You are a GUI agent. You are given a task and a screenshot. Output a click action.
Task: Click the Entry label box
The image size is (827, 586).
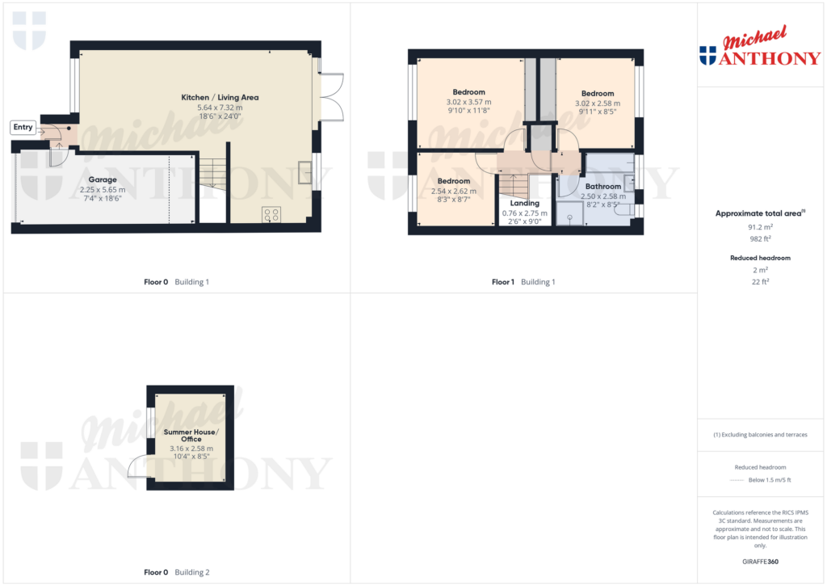[x=23, y=127]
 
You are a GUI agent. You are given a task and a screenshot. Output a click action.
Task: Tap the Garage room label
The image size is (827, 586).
[x=103, y=179]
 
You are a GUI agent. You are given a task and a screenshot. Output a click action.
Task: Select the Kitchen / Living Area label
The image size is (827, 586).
[x=220, y=97]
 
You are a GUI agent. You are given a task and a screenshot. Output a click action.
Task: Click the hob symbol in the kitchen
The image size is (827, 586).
[x=271, y=214]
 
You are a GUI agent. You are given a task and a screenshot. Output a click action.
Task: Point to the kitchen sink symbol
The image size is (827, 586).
[x=305, y=172]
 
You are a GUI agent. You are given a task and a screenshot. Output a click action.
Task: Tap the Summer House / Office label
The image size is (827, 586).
[x=191, y=436]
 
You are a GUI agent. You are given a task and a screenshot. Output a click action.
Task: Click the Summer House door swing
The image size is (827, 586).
[x=136, y=468]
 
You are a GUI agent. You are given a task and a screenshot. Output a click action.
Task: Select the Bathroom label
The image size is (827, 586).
[x=602, y=186]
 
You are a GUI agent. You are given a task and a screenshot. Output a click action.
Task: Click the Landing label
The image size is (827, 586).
[x=525, y=203]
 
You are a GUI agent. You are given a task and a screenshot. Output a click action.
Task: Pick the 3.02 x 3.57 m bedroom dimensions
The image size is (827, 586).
[x=468, y=103]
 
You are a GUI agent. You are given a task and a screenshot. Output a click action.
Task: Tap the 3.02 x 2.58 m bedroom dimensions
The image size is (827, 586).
[x=598, y=103]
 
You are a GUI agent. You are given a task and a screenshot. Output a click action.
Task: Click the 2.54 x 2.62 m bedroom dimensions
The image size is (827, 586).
[x=454, y=192]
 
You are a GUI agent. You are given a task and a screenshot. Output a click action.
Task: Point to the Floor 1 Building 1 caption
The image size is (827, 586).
[x=523, y=282]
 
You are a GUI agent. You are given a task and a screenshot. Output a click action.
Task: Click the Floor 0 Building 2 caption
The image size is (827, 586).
[x=176, y=572]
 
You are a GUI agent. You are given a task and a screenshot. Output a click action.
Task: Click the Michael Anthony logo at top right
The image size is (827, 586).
[x=760, y=48]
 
